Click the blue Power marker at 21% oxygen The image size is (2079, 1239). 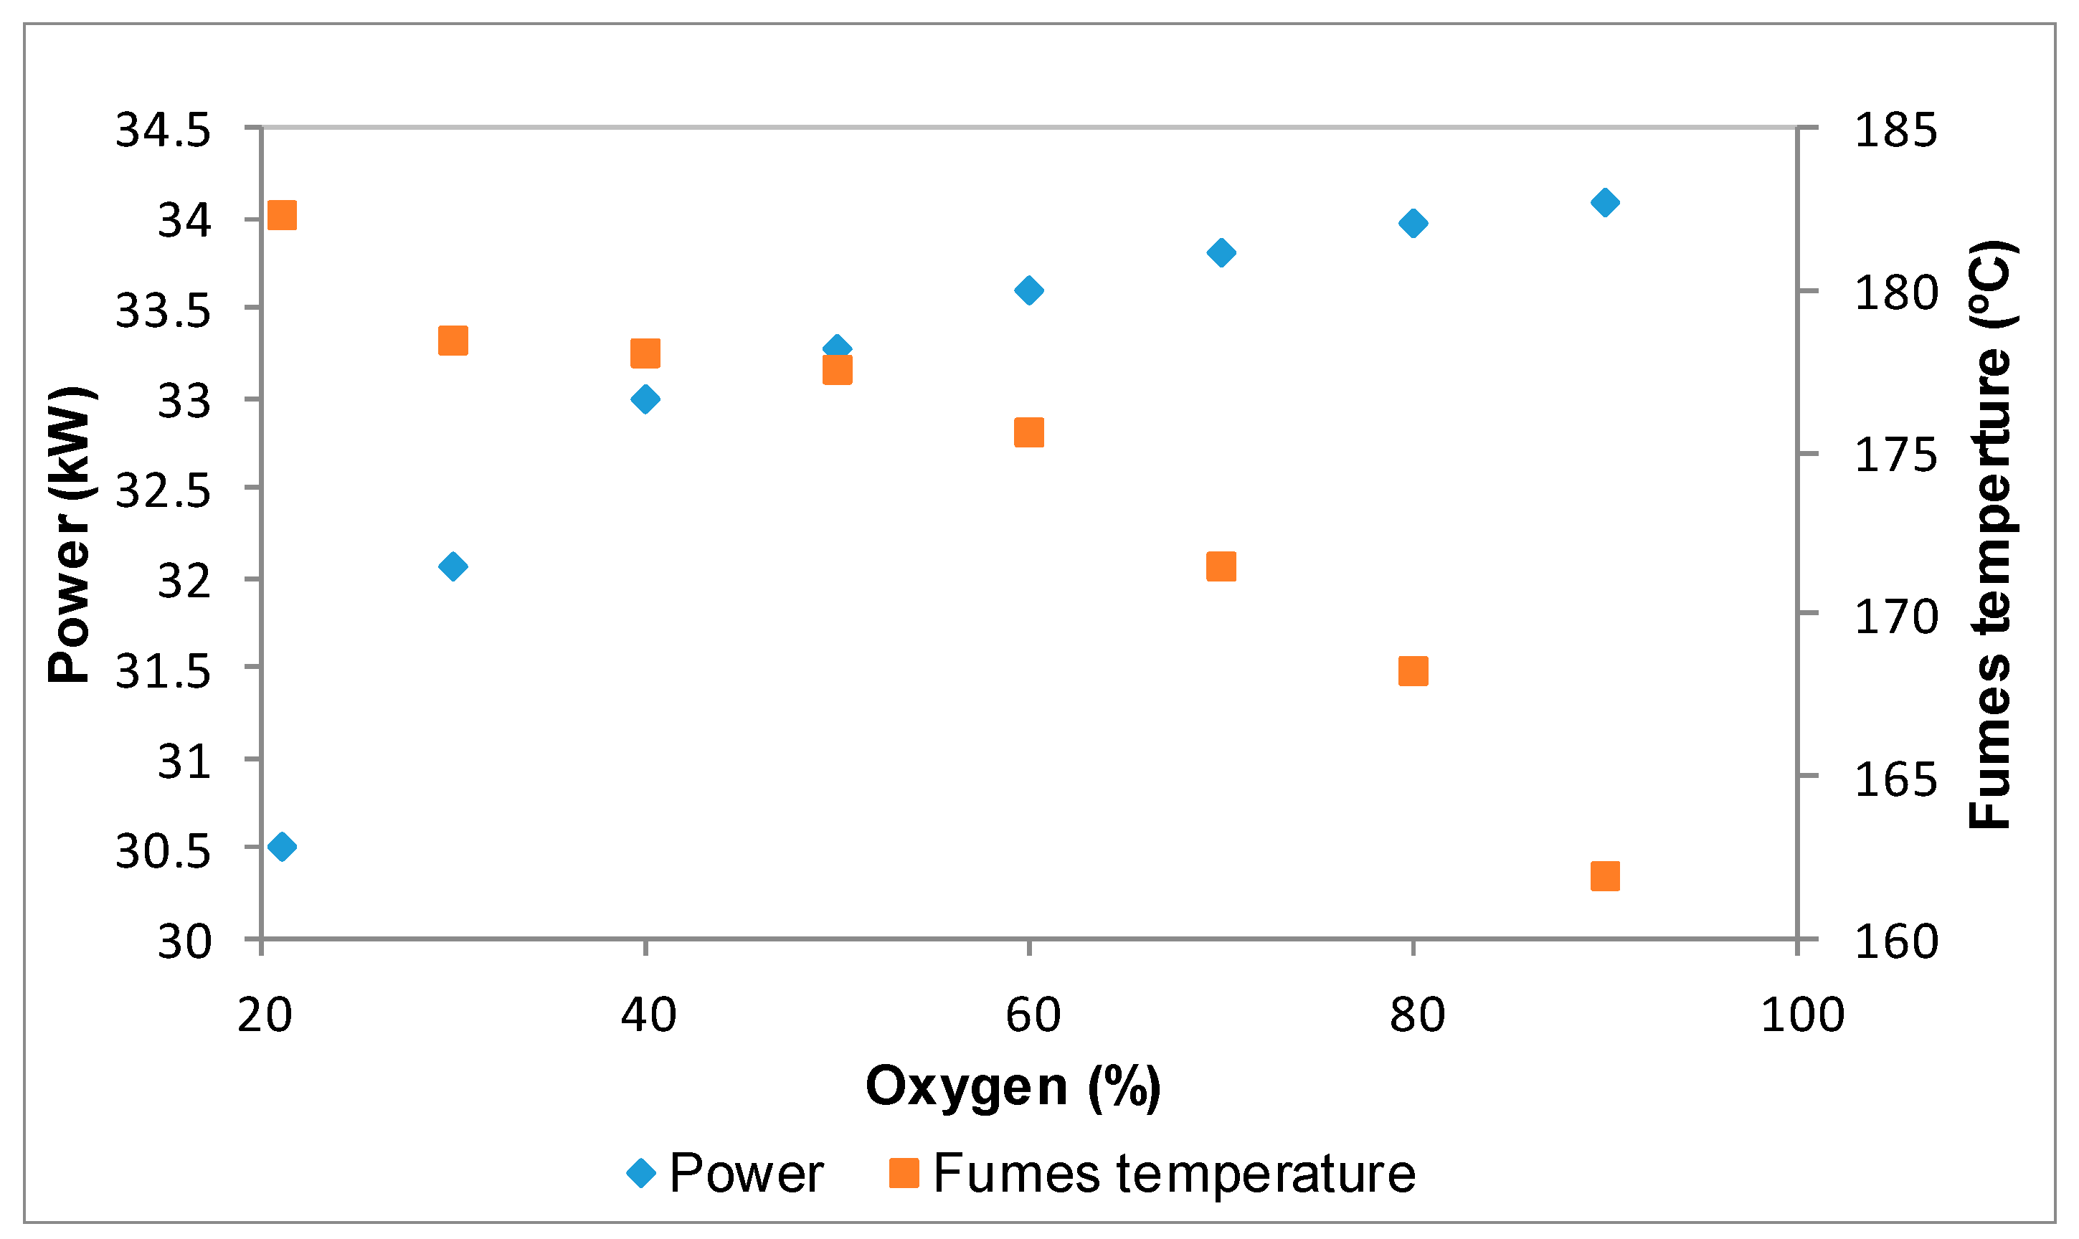pyautogui.click(x=283, y=847)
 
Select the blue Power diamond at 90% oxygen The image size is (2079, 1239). pyautogui.click(x=1605, y=202)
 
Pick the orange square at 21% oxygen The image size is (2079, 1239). pyautogui.click(x=283, y=214)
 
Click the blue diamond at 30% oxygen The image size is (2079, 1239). pyautogui.click(x=453, y=566)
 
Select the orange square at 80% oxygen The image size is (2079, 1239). pyautogui.click(x=1413, y=670)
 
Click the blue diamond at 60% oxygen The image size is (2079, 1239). pyautogui.click(x=1028, y=290)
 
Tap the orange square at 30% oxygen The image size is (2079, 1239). pyautogui.click(x=453, y=341)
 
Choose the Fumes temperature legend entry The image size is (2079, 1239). pyautogui.click(x=1152, y=1173)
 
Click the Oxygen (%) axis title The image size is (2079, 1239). pyautogui.click(x=1013, y=1087)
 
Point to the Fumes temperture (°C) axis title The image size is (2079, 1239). pyautogui.click(x=1992, y=534)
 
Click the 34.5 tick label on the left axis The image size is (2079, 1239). pyautogui.click(x=162, y=130)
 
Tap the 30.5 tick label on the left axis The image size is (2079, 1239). pyautogui.click(x=162, y=852)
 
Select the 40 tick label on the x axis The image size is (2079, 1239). pyautogui.click(x=648, y=1016)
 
